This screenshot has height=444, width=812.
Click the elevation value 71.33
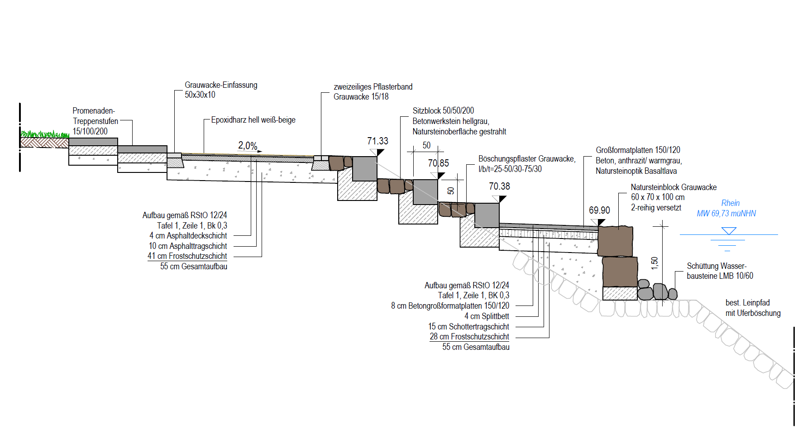377,141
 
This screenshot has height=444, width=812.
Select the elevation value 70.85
438,163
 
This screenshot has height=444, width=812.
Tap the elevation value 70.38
499,186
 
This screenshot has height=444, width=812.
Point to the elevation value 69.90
599,210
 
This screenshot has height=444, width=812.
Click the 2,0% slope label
248,146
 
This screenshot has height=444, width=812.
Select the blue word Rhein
730,203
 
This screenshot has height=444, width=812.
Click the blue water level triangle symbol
729,231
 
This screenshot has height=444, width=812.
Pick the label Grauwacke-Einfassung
221,85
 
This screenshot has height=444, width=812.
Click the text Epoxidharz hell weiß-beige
253,120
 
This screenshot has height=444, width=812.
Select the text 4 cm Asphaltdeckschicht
188,236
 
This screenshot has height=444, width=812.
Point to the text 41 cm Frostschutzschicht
187,256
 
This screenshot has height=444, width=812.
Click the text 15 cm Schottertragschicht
468,327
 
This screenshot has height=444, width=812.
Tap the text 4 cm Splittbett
487,316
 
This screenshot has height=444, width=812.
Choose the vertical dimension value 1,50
654,263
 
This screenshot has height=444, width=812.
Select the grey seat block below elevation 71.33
364,169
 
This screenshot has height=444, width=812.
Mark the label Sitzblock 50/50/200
443,111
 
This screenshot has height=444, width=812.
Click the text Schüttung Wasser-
716,266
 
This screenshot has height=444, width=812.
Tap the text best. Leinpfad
747,303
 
